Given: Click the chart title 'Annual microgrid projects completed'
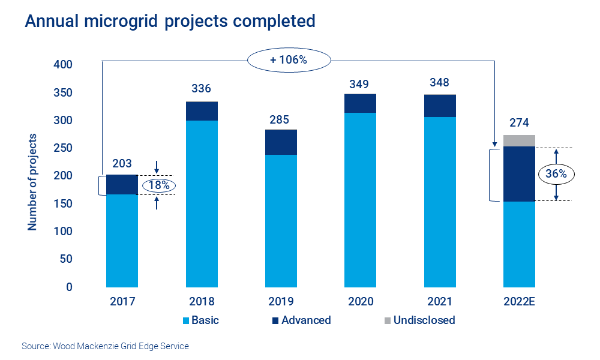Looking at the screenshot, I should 170,21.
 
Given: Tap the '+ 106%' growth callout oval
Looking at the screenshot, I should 289,60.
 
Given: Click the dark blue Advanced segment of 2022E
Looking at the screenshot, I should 519,174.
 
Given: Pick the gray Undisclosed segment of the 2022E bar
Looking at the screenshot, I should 519,140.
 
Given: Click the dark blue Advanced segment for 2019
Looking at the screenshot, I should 281,142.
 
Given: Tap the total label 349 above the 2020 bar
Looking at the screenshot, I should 360,83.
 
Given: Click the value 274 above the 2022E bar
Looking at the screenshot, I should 519,123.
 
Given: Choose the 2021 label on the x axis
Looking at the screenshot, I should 440,302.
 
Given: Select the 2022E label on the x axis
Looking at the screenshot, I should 519,302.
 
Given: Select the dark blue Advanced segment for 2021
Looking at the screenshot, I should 440,106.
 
